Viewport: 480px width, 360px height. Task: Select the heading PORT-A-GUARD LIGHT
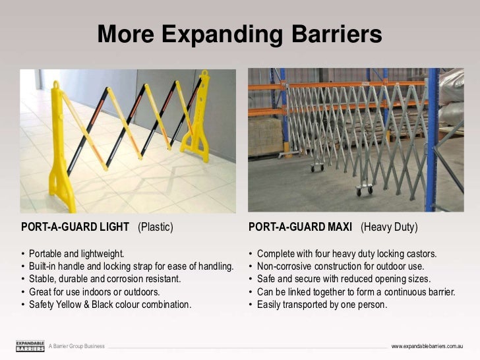[75, 227]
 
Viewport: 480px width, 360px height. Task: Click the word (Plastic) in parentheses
[156, 227]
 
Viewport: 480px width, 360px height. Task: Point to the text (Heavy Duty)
[389, 227]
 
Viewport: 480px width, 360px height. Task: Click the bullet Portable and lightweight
[76, 254]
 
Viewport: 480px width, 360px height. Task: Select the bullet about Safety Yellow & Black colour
[109, 305]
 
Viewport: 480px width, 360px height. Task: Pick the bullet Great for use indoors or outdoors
[94, 292]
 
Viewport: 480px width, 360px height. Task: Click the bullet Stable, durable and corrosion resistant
[105, 279]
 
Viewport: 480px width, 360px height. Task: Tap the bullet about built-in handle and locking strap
[131, 266]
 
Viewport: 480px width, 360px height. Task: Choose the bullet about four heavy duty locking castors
[346, 254]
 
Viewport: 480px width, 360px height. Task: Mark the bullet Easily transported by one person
[322, 305]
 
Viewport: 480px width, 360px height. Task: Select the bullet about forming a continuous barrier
[356, 292]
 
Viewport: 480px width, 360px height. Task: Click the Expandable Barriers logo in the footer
[30, 346]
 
